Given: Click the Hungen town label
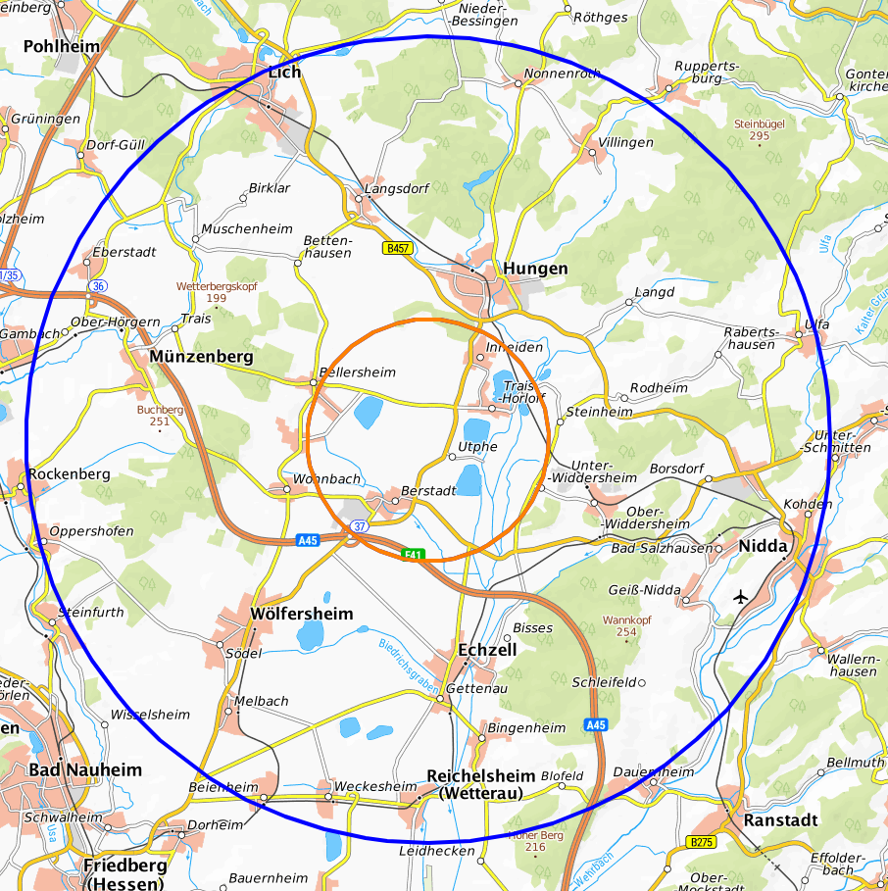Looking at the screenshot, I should pyautogui.click(x=534, y=269).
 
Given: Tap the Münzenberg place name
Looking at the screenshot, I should pyautogui.click(x=201, y=358).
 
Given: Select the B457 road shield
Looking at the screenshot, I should pyautogui.click(x=396, y=249).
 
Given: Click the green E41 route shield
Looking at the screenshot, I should pyautogui.click(x=414, y=555).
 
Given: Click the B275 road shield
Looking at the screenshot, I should pyautogui.click(x=702, y=842).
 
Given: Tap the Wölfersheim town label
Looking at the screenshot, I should pyautogui.click(x=301, y=614).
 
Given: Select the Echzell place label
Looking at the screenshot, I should pyautogui.click(x=487, y=649).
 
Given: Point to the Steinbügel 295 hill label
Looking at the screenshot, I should pyautogui.click(x=759, y=129).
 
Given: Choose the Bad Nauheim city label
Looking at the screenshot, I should pyautogui.click(x=85, y=770).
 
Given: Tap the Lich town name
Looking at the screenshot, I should pyautogui.click(x=284, y=72).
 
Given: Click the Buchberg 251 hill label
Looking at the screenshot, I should pyautogui.click(x=161, y=416).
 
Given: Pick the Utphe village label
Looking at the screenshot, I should pyautogui.click(x=478, y=447).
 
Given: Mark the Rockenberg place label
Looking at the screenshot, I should pyautogui.click(x=69, y=473).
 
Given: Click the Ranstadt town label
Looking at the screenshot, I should pyautogui.click(x=780, y=819).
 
